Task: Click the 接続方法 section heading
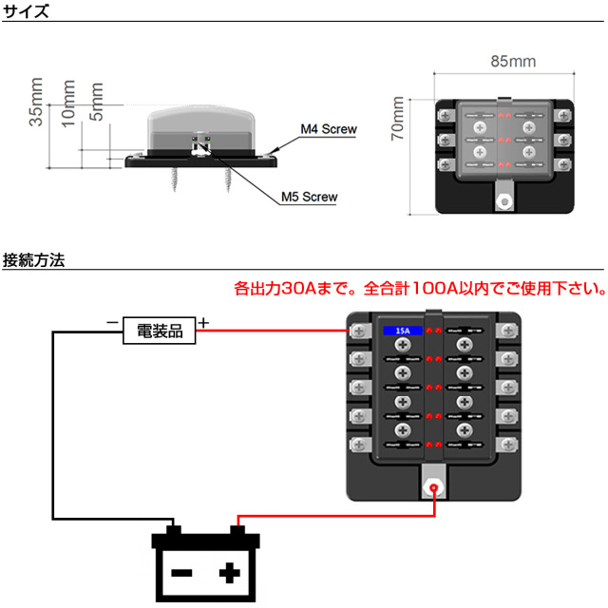tap(34, 259)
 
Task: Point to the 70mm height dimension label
tap(398, 124)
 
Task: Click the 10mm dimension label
tap(67, 103)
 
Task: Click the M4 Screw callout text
tap(327, 128)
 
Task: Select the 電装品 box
tap(159, 331)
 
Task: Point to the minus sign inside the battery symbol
tap(181, 574)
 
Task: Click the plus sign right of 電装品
tap(204, 323)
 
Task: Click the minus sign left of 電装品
tap(112, 324)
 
